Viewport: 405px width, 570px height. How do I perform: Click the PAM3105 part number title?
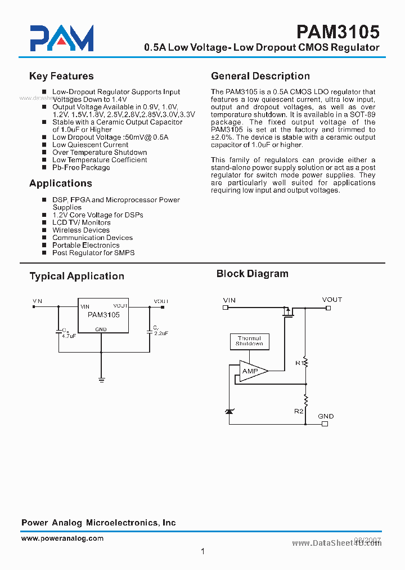pos(337,31)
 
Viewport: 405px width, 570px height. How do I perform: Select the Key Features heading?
pos(61,76)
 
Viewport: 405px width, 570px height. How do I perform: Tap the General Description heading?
pos(260,76)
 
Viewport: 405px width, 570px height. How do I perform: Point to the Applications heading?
pos(60,183)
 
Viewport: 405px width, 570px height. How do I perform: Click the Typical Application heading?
pos(76,276)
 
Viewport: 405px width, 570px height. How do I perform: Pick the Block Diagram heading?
pos(252,274)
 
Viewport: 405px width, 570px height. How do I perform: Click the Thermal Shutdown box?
pos(249,341)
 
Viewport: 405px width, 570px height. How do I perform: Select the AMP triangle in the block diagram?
pos(251,371)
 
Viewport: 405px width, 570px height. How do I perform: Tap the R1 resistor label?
pos(299,363)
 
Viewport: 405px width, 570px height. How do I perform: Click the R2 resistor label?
pos(299,411)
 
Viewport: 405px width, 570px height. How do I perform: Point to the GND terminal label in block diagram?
pos(326,416)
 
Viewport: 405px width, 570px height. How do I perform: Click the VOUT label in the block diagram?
pos(332,300)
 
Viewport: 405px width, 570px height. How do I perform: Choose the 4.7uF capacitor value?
pos(69,335)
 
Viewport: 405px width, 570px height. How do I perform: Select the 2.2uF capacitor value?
pos(161,333)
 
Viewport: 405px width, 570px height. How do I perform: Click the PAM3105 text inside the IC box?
pos(103,315)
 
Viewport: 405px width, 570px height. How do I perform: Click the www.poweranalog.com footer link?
pos(62,538)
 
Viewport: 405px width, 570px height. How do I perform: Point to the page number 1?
pos(202,551)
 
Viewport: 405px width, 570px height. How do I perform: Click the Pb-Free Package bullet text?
pos(81,167)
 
